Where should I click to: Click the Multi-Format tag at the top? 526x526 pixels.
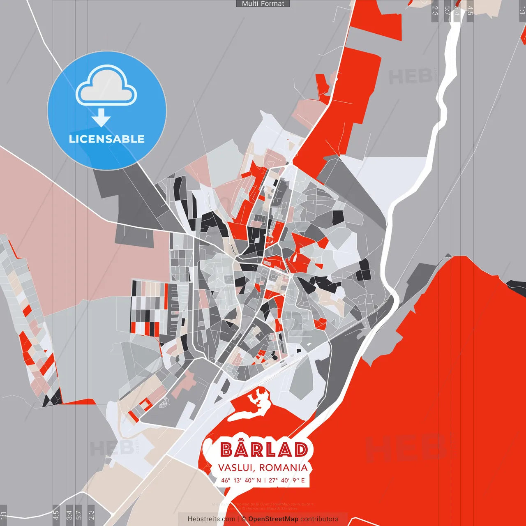click(x=263, y=4)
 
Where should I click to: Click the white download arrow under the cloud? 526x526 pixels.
click(x=101, y=118)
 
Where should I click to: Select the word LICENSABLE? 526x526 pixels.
click(x=107, y=139)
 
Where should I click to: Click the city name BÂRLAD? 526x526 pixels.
click(x=264, y=450)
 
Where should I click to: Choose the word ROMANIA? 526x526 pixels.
click(x=283, y=468)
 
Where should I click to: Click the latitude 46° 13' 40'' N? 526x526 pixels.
click(x=241, y=480)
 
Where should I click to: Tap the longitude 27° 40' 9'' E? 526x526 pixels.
click(x=287, y=480)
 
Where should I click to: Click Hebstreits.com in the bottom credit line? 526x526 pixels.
click(x=211, y=519)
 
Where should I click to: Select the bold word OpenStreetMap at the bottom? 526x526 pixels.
click(x=273, y=519)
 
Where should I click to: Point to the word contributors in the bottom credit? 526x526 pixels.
click(x=319, y=519)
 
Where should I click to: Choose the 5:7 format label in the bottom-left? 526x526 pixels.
click(x=79, y=514)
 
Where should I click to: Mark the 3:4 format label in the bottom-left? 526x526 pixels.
click(x=69, y=514)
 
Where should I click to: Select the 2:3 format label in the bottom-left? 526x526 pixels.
click(x=91, y=514)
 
